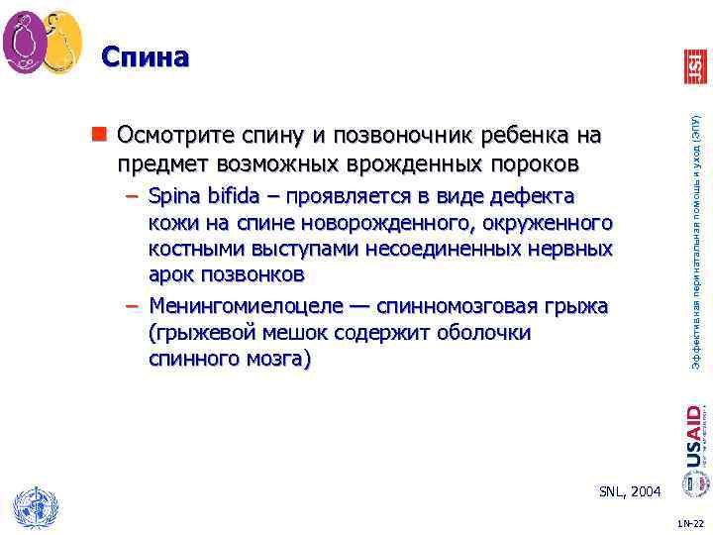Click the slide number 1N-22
click(x=689, y=522)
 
